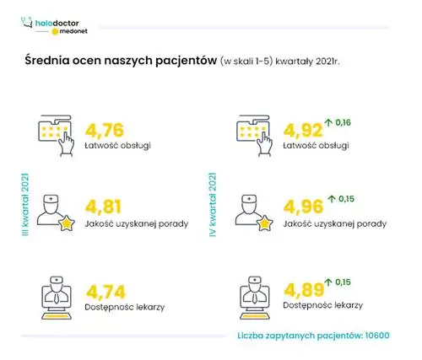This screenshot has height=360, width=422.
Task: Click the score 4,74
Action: click(106, 293)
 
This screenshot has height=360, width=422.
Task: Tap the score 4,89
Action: click(305, 293)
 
